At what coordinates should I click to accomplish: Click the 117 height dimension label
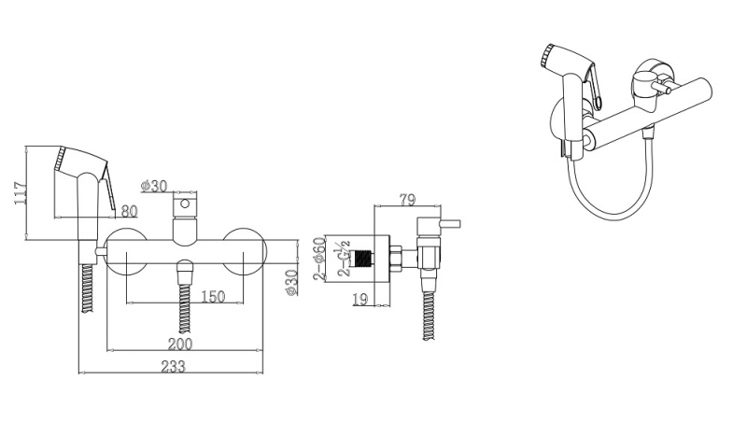20,192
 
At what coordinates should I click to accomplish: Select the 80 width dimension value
129,210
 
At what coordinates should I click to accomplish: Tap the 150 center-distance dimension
213,296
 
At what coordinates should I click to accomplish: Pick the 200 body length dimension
180,344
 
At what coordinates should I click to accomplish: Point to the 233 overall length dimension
173,366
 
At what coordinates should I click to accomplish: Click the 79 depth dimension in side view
407,200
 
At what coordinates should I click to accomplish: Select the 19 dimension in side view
360,299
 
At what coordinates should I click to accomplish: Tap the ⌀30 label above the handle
154,186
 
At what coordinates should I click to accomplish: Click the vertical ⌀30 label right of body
291,283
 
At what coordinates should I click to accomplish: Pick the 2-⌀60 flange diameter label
319,259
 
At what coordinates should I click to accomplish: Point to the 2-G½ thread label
344,260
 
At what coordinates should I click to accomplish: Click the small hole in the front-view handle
185,204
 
